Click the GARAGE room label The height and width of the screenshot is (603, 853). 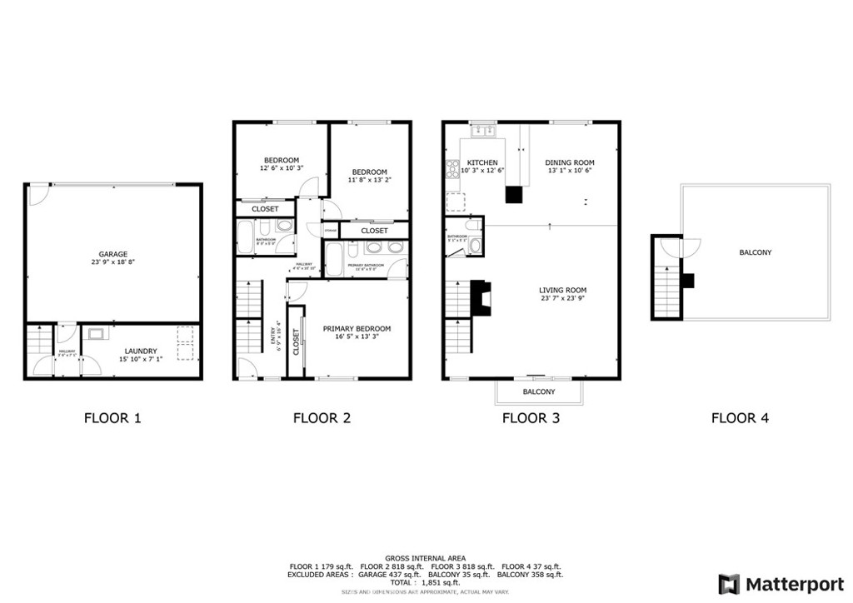point(112,254)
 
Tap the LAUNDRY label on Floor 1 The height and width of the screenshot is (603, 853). point(141,351)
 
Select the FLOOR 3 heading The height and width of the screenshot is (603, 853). point(531,418)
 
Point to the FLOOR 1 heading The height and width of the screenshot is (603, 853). point(112,418)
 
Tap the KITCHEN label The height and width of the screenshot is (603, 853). point(482,162)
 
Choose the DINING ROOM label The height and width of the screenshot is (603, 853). point(570,162)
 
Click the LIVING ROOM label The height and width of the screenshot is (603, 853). point(562,290)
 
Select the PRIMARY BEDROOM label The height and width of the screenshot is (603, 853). point(357,329)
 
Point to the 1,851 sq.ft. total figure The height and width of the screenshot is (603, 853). point(441,583)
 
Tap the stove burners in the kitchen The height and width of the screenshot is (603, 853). point(452,168)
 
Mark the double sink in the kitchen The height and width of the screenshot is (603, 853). point(482,131)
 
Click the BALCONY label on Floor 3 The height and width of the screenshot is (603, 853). point(539,391)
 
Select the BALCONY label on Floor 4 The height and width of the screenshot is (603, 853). point(755,252)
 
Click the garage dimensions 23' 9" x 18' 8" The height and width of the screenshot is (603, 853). point(112,262)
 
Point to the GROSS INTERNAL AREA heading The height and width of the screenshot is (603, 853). point(425,558)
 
